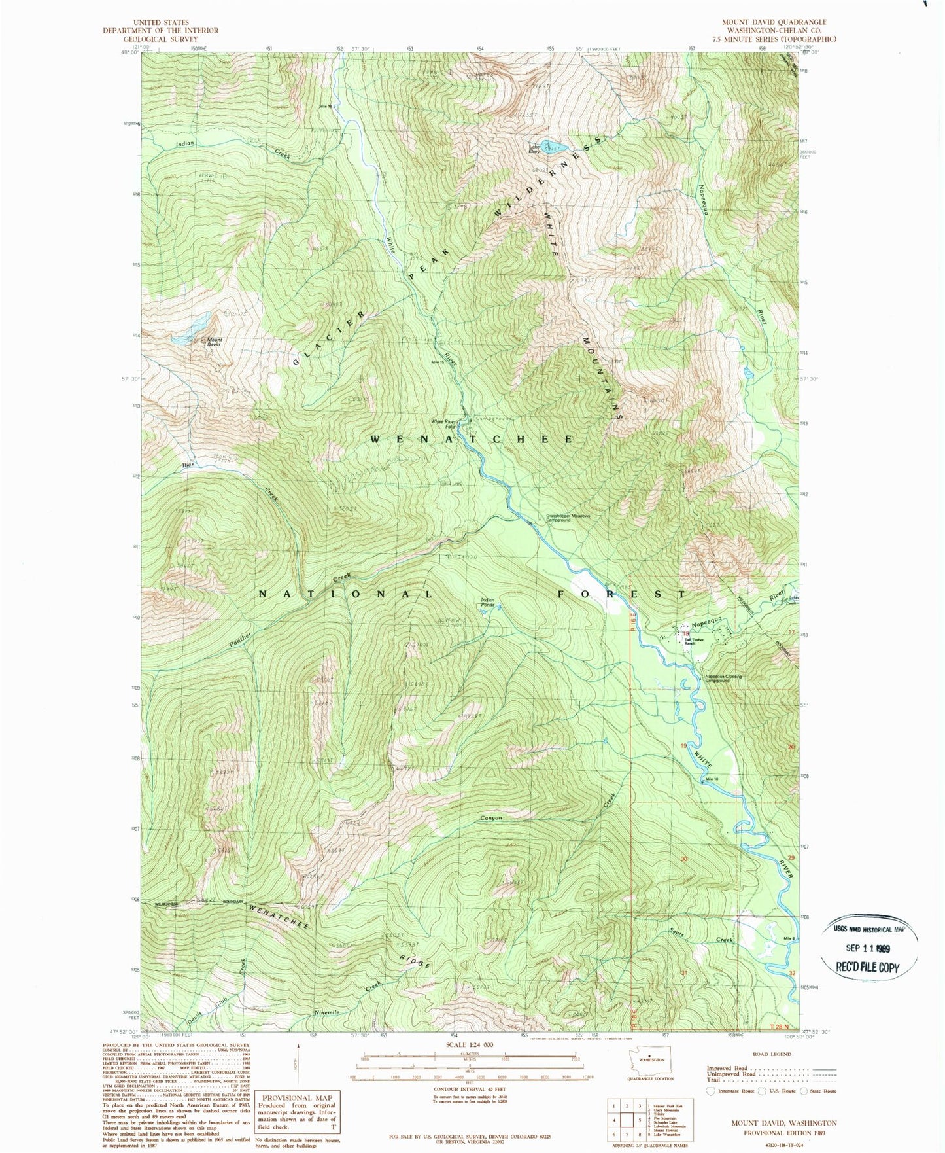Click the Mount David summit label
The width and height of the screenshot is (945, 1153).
[215, 342]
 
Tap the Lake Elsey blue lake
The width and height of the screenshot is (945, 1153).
[553, 145]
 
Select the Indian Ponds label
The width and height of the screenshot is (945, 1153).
[488, 602]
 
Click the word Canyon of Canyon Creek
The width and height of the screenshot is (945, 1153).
[491, 818]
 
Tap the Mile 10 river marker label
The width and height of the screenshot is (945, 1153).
[712, 779]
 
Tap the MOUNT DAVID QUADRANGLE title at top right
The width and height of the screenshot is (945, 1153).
[774, 22]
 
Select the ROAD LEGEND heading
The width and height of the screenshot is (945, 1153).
[772, 1054]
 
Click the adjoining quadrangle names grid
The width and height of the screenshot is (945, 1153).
[625, 1120]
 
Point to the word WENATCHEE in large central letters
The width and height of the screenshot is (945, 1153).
[472, 439]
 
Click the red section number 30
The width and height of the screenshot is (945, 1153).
[684, 859]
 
